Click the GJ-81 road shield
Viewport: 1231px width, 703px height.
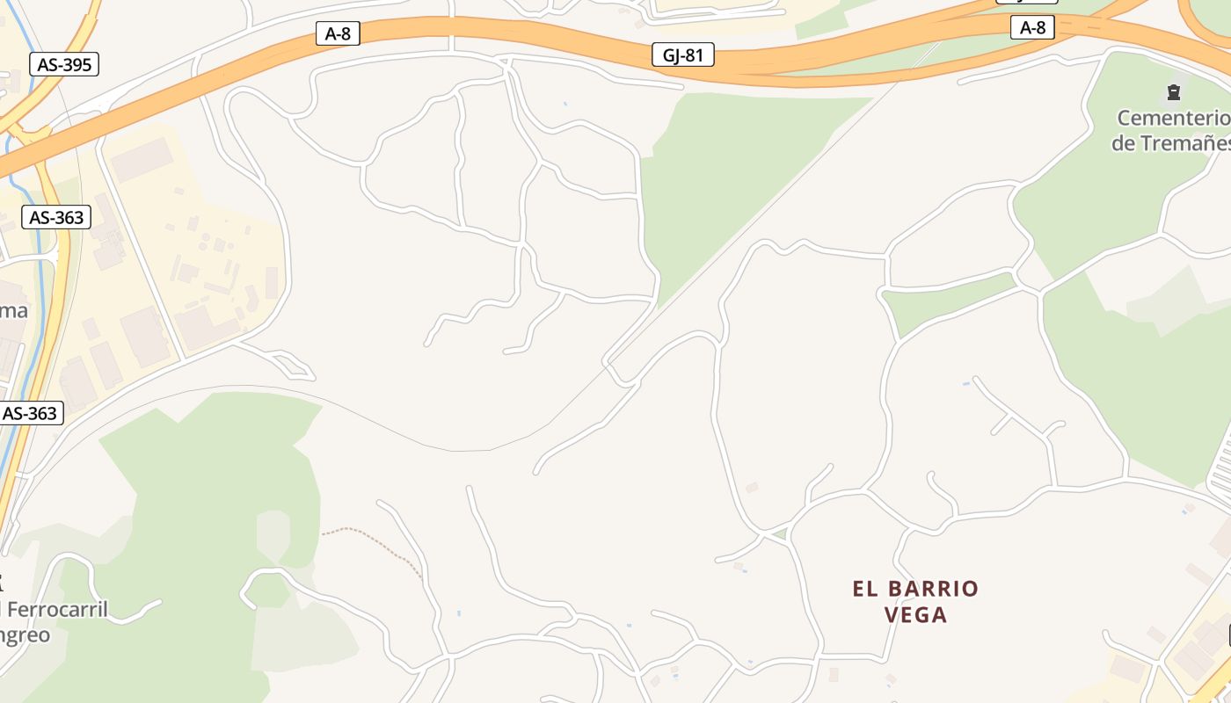point(682,55)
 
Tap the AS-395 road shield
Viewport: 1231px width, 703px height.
point(63,64)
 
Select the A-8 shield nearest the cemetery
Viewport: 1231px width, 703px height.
point(1032,27)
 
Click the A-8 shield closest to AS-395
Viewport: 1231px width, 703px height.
point(338,34)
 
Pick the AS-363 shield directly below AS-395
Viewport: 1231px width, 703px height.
point(56,217)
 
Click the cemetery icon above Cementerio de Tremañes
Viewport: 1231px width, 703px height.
point(1173,91)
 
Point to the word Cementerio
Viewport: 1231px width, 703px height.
point(1172,118)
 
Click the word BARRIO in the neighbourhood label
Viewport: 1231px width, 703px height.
point(934,589)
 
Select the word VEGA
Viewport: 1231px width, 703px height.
point(915,615)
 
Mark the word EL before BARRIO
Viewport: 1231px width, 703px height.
point(865,589)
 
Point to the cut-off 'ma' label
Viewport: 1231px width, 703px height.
point(13,310)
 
